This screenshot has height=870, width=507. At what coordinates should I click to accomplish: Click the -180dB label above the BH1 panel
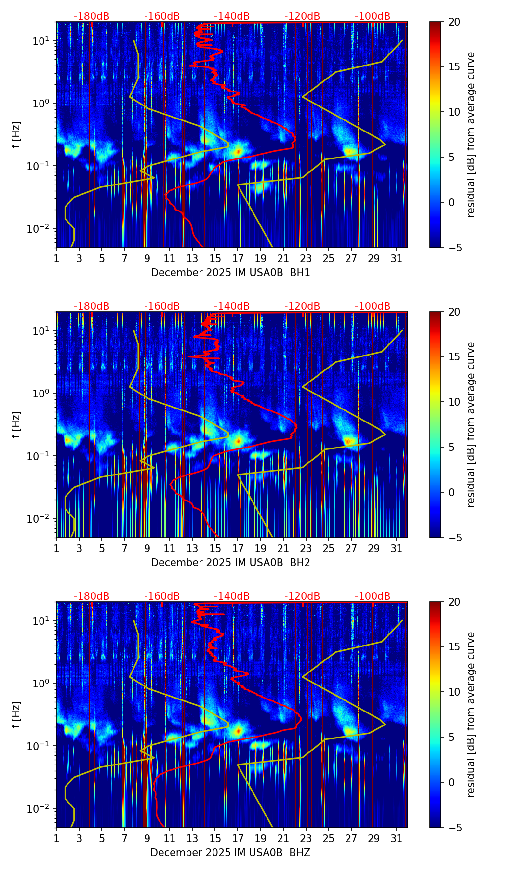click(x=92, y=16)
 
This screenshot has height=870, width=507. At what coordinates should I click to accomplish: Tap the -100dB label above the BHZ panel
click(x=373, y=596)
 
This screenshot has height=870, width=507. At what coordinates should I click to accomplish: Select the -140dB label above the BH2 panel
click(x=232, y=306)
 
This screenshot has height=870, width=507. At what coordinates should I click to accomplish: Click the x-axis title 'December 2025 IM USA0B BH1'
click(x=230, y=273)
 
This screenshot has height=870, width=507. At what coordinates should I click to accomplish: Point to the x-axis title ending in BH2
click(x=230, y=563)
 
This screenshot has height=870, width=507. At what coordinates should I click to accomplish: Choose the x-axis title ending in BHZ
click(x=230, y=853)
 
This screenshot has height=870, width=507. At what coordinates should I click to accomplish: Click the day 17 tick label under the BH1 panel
click(x=238, y=259)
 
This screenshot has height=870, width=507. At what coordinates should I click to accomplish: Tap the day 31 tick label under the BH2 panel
click(x=397, y=549)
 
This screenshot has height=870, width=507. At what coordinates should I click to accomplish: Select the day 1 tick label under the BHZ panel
click(x=56, y=839)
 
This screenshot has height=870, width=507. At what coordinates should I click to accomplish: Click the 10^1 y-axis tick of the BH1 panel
click(x=41, y=41)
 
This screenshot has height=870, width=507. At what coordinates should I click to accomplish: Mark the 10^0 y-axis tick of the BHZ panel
click(x=41, y=684)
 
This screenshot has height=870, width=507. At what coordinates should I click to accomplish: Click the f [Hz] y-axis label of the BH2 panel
click(x=16, y=424)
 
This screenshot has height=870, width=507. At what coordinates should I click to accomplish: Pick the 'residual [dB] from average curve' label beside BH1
click(x=471, y=134)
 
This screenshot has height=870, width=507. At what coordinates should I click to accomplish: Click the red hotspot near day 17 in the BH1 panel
click(x=238, y=151)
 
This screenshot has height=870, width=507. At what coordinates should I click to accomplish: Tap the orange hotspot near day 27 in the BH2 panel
click(x=350, y=441)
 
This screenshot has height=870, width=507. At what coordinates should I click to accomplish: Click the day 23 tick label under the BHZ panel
click(x=306, y=839)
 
